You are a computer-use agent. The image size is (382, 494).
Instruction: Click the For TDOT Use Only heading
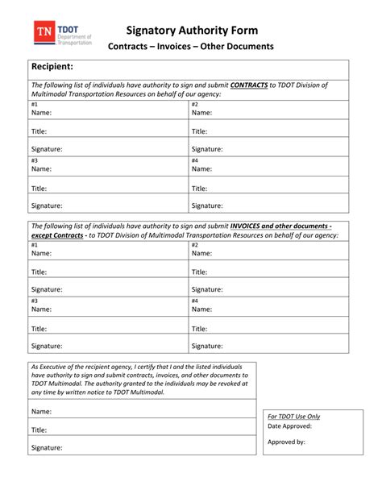pyautogui.click(x=294, y=416)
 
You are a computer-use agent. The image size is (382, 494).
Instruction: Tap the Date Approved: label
pyautogui.click(x=289, y=426)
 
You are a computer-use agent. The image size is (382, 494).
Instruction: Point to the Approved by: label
pyautogui.click(x=286, y=442)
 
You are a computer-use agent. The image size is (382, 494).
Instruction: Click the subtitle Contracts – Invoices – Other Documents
pyautogui.click(x=191, y=47)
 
